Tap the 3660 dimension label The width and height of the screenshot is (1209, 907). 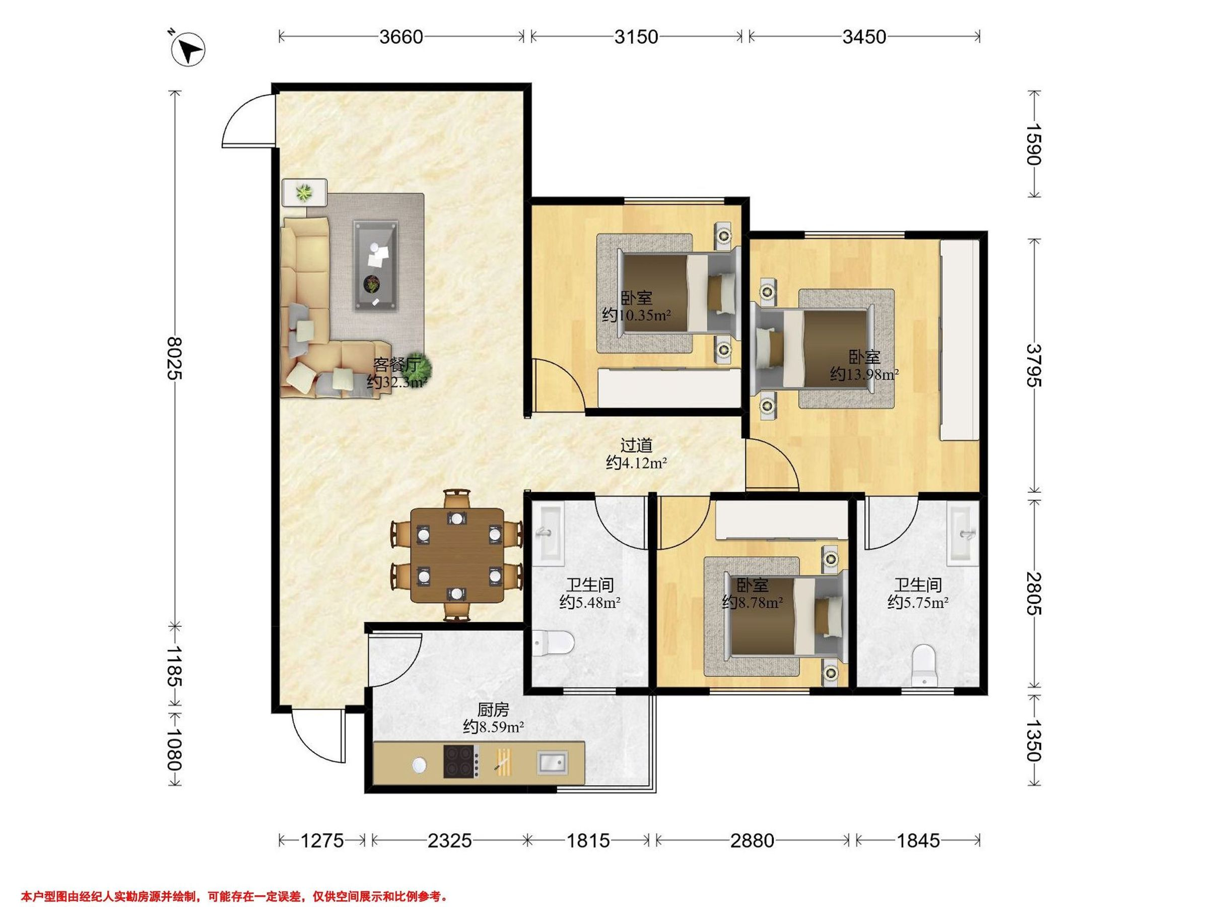(401, 37)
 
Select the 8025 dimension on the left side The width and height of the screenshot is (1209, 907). (175, 358)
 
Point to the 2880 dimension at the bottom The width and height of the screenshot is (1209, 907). (752, 840)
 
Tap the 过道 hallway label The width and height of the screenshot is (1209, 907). (636, 445)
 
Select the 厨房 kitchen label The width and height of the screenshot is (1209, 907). (493, 709)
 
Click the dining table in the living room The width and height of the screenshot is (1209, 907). (457, 555)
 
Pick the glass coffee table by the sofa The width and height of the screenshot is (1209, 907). (375, 266)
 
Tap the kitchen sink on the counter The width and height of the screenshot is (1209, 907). (553, 762)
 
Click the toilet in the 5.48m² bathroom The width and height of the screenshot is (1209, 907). (553, 642)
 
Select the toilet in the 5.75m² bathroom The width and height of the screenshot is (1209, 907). (924, 665)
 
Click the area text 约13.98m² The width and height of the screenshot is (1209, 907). (864, 374)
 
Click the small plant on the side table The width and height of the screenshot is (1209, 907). (303, 192)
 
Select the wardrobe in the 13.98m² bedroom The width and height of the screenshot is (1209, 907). (959, 340)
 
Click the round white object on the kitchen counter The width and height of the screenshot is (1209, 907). (419, 765)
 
